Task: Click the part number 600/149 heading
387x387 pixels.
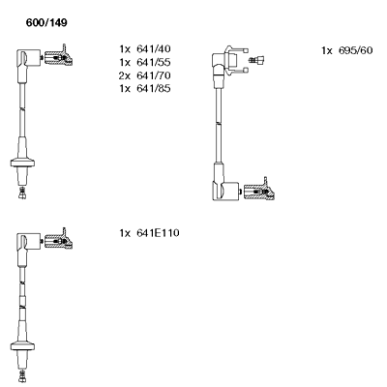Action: pyautogui.click(x=46, y=23)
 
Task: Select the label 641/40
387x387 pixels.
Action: pyautogui.click(x=154, y=49)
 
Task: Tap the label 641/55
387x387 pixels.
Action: pyautogui.click(x=154, y=62)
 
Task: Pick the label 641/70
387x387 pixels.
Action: pyautogui.click(x=154, y=75)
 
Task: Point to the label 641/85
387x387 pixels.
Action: pyautogui.click(x=154, y=88)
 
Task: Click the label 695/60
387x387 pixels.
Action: pyautogui.click(x=355, y=50)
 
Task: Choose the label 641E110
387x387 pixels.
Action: pyautogui.click(x=158, y=233)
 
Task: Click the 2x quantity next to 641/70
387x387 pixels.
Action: pyautogui.click(x=125, y=75)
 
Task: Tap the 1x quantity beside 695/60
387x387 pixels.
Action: pyautogui.click(x=327, y=50)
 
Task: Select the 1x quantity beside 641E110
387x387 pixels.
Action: pyautogui.click(x=125, y=233)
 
